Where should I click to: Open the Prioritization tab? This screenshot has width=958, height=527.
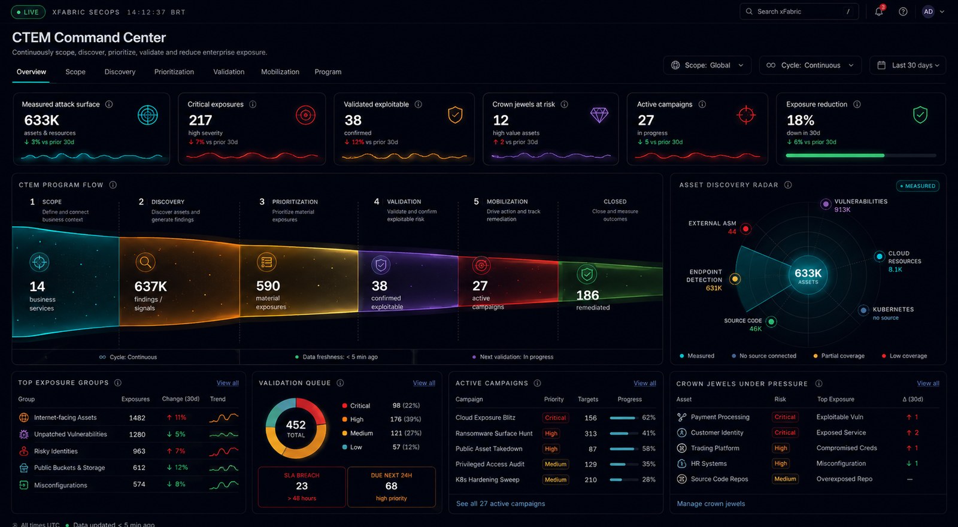pos(174,72)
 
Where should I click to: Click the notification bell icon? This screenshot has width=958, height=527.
pos(878,11)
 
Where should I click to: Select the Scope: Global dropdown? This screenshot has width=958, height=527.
pos(707,65)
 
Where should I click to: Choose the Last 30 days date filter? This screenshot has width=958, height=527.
pos(908,65)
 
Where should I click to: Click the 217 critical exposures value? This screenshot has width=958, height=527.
pos(200,120)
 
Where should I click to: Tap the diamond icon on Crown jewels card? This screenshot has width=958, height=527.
pos(599,115)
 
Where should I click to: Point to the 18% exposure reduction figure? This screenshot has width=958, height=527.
pos(800,120)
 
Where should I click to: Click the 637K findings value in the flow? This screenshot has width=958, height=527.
pos(150,286)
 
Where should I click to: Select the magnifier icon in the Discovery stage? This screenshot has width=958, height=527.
pos(145,262)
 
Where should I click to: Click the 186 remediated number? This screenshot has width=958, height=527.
pos(587,295)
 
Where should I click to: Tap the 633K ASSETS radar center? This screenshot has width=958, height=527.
pos(808,275)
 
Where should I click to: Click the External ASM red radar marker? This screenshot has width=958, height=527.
pos(746,229)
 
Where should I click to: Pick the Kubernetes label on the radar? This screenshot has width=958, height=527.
pos(893,309)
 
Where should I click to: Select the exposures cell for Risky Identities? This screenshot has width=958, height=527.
pos(139,451)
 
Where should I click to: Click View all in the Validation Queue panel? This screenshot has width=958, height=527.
pos(424,383)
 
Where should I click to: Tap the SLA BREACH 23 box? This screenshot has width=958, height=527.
pos(302,487)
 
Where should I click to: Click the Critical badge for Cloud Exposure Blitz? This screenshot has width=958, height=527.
pos(555,417)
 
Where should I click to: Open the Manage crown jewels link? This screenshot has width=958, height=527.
pos(711,504)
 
